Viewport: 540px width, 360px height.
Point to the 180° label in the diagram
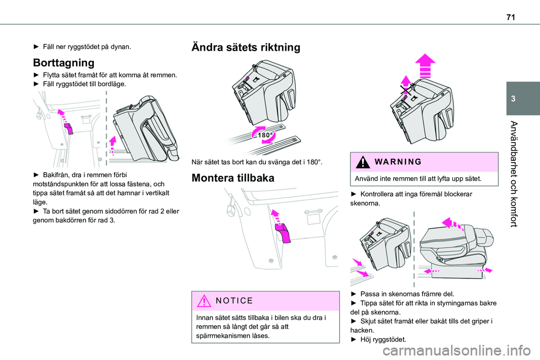[x=265, y=136]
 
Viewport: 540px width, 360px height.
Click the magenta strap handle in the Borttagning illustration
[x=69, y=129]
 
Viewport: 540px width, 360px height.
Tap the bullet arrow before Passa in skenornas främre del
[x=353, y=294]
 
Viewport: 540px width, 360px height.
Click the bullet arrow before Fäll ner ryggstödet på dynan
[x=37, y=47]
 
